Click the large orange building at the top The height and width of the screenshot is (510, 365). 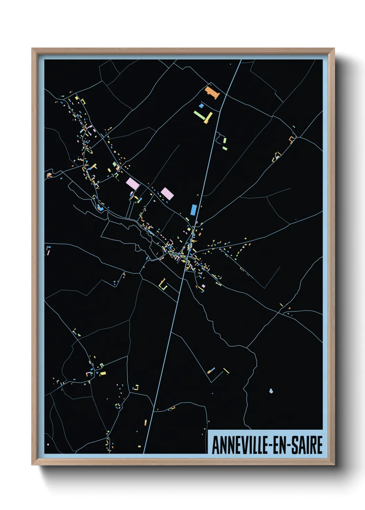(212, 92)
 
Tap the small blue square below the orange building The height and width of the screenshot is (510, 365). (201, 105)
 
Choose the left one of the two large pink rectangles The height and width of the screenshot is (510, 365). (133, 183)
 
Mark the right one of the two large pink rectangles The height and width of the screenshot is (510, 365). (167, 193)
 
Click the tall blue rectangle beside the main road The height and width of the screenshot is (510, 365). (194, 210)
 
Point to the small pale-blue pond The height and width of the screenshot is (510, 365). (271, 391)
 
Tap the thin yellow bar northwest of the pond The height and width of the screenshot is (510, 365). (226, 371)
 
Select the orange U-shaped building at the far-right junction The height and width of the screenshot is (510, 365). (292, 139)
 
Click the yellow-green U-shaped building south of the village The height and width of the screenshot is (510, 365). (163, 285)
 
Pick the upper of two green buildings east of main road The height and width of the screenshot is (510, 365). (225, 141)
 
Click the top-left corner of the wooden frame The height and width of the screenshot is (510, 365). (32, 49)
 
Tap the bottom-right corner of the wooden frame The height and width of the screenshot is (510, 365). (334, 464)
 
